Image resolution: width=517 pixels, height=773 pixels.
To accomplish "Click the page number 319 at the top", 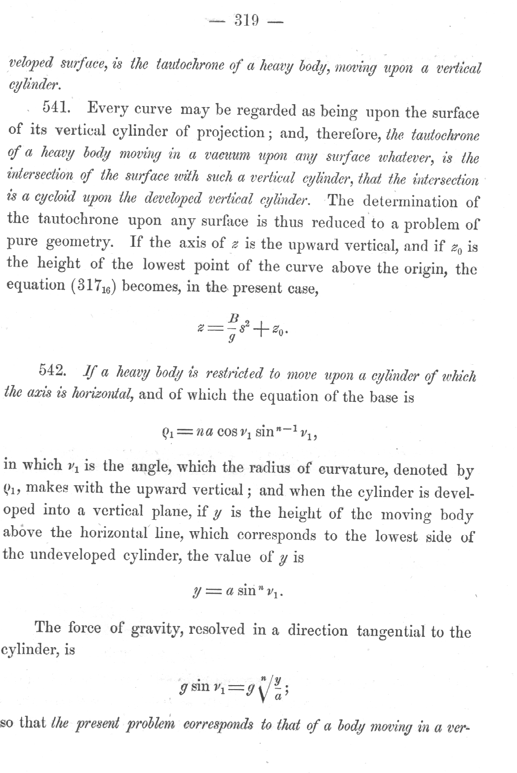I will pos(246,20).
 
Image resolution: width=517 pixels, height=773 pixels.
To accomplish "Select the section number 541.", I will pos(58,107).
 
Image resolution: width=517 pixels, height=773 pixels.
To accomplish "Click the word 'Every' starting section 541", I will pos(108,108).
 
